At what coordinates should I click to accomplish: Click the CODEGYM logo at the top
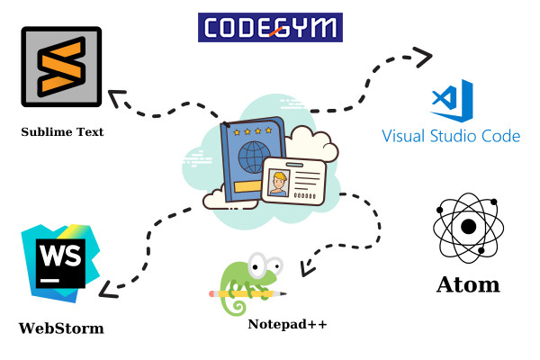270,27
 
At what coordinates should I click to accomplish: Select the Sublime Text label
62,132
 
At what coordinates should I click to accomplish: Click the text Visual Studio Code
451,137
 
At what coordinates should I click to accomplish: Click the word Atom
467,285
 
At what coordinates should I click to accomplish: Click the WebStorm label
61,328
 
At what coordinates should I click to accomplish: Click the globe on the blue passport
246,161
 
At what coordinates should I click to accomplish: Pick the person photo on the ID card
279,181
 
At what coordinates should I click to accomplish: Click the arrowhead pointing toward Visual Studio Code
424,56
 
